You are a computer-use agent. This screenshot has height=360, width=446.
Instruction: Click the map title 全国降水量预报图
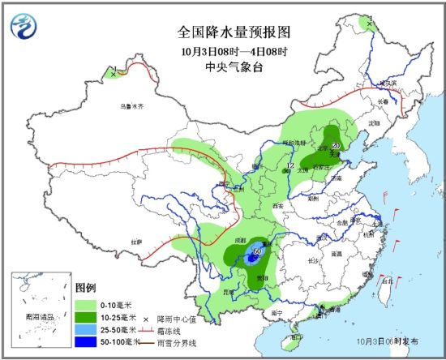click(234, 33)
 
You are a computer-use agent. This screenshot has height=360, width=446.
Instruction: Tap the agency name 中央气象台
click(234, 67)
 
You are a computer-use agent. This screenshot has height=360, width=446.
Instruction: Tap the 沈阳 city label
click(373, 122)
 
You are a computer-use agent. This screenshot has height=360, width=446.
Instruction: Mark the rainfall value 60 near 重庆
click(257, 251)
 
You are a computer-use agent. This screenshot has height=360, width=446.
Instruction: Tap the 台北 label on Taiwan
click(386, 280)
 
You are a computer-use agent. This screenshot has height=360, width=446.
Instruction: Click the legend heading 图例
click(85, 288)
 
